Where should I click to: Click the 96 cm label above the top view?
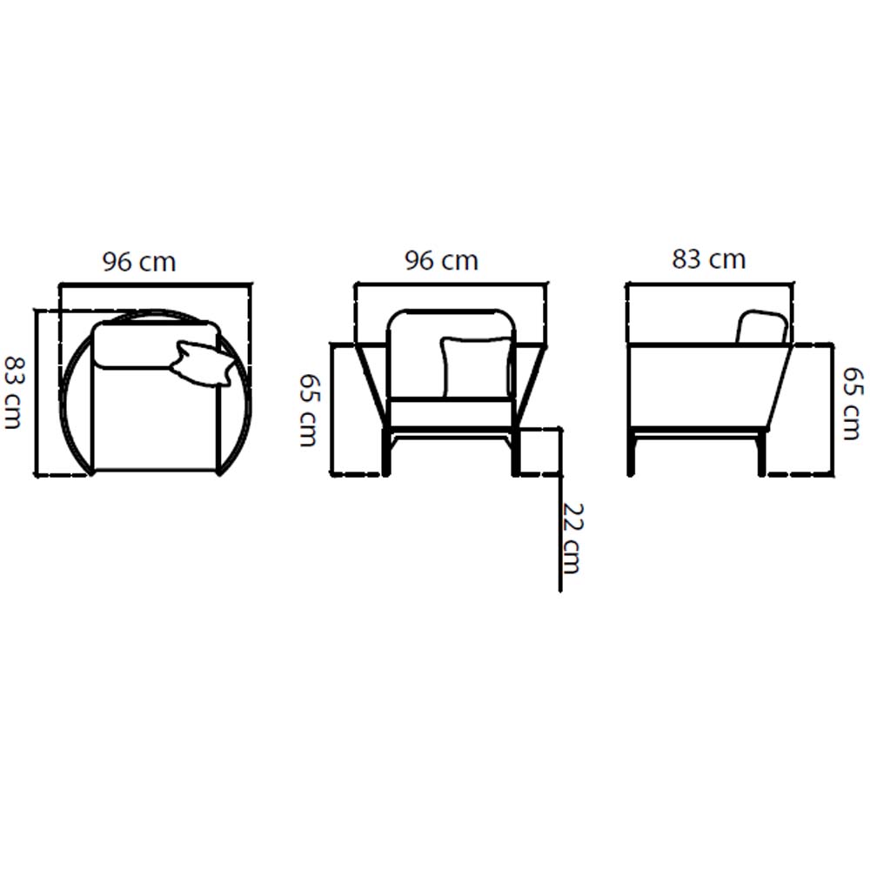click(139, 262)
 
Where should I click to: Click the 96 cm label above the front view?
click(441, 261)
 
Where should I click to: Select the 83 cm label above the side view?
click(708, 259)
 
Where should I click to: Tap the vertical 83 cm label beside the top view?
click(13, 393)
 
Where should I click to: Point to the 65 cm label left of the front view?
click(308, 410)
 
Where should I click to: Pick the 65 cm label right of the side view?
click(853, 404)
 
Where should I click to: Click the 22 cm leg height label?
click(572, 539)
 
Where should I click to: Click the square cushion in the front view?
click(477, 367)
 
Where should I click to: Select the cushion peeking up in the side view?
click(762, 327)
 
